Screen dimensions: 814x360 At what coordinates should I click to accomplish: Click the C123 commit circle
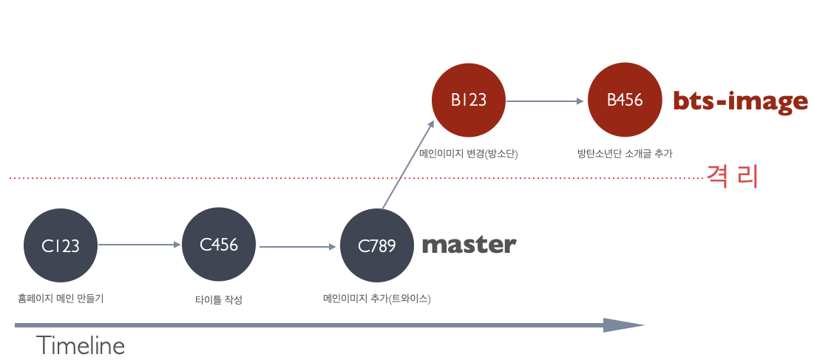coord(61,245)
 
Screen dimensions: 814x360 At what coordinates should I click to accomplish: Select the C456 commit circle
coord(219,245)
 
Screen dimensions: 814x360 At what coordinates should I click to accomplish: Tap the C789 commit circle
coord(377,246)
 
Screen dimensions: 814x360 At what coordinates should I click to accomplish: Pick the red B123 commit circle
coord(469,100)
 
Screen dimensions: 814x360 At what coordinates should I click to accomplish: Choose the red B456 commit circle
coord(625,100)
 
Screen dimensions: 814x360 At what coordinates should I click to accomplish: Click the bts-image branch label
coord(740,102)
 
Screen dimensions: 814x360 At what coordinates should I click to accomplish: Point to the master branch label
coord(469,245)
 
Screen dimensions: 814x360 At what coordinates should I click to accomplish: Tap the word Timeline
coord(81,345)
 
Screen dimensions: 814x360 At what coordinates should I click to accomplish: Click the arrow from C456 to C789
coord(297,247)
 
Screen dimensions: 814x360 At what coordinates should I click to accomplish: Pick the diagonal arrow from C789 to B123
coord(408,165)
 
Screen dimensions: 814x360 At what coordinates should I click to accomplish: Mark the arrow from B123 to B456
coord(545,101)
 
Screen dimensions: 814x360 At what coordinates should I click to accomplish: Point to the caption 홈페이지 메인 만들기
coord(61,299)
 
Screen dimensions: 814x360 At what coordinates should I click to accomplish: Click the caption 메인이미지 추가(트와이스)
coord(377,299)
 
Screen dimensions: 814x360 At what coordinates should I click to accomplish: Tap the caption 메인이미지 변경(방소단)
coord(469,154)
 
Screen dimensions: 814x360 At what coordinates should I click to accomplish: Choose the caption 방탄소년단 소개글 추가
coord(625,154)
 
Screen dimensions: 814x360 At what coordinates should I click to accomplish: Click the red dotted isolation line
coord(356,178)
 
